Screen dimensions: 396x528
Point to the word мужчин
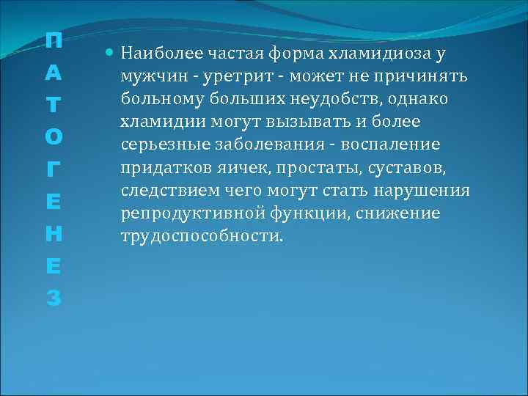point(150,78)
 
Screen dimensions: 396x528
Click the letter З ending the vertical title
point(53,298)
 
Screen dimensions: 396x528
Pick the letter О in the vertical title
point(53,137)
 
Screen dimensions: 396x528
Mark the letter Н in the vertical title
point(53,234)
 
